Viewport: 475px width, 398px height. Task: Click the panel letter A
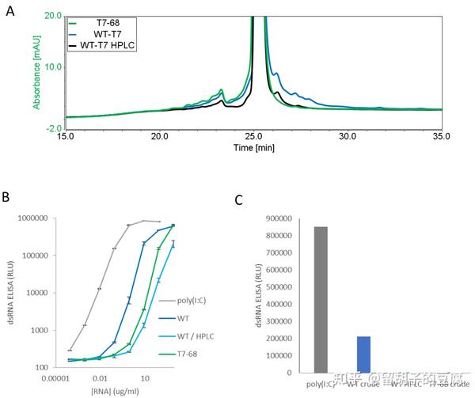coord(9,13)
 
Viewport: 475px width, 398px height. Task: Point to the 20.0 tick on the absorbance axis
coord(52,15)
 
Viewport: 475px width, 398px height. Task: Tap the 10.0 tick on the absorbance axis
coord(52,66)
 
